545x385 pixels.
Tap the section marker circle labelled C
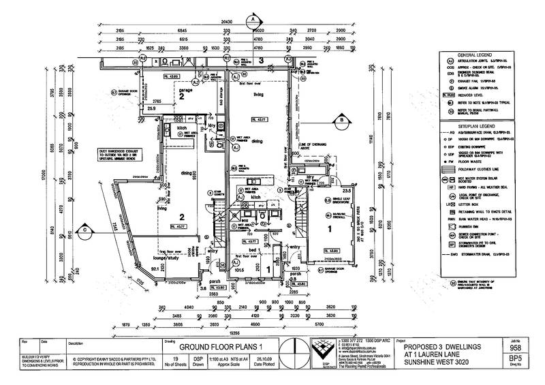pyautogui.click(x=83, y=230)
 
